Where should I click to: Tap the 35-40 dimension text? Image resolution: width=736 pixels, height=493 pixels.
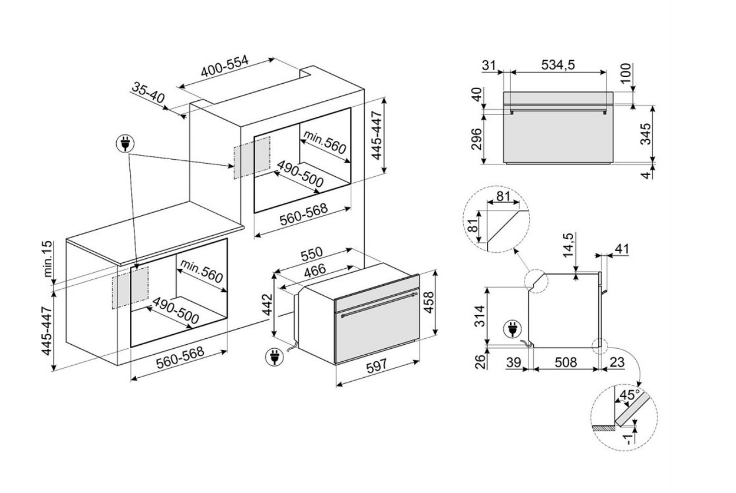click(x=148, y=94)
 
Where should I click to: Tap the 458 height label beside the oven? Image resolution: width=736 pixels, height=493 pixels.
click(x=428, y=302)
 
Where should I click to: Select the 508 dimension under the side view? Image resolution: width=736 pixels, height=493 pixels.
click(x=565, y=362)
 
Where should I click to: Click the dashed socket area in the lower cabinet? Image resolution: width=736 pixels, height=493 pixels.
click(x=131, y=287)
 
